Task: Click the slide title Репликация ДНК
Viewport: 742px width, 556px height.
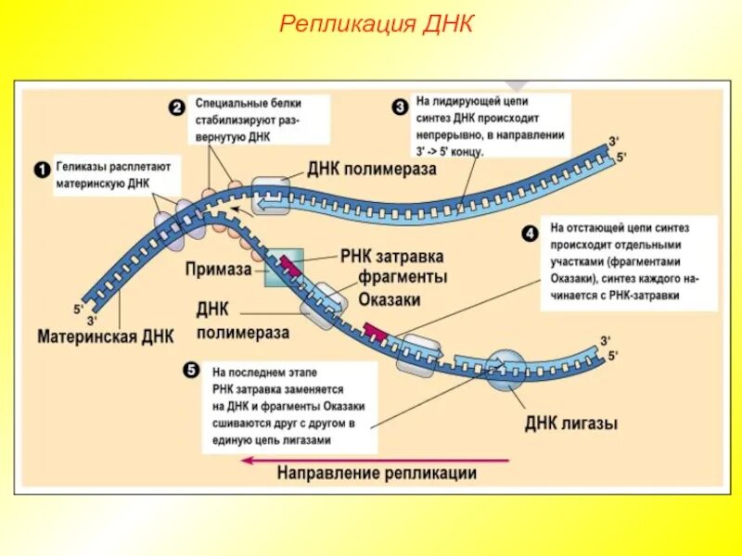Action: click(x=377, y=23)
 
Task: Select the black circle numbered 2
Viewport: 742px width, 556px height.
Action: click(x=176, y=107)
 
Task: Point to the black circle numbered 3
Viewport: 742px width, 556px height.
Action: click(x=400, y=107)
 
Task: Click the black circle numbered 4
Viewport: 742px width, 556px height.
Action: click(x=530, y=234)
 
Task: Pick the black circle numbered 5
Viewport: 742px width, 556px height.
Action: click(x=191, y=370)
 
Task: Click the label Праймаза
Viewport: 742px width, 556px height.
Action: click(x=218, y=269)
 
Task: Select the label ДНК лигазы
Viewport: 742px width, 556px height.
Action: click(x=571, y=423)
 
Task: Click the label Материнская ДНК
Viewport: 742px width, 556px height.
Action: click(x=106, y=335)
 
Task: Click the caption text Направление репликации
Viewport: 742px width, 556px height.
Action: click(x=377, y=474)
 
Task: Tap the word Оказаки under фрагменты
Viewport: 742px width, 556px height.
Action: click(x=390, y=299)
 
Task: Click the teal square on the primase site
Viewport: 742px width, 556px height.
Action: click(x=284, y=267)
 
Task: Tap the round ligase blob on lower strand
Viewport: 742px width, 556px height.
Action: click(x=506, y=369)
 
